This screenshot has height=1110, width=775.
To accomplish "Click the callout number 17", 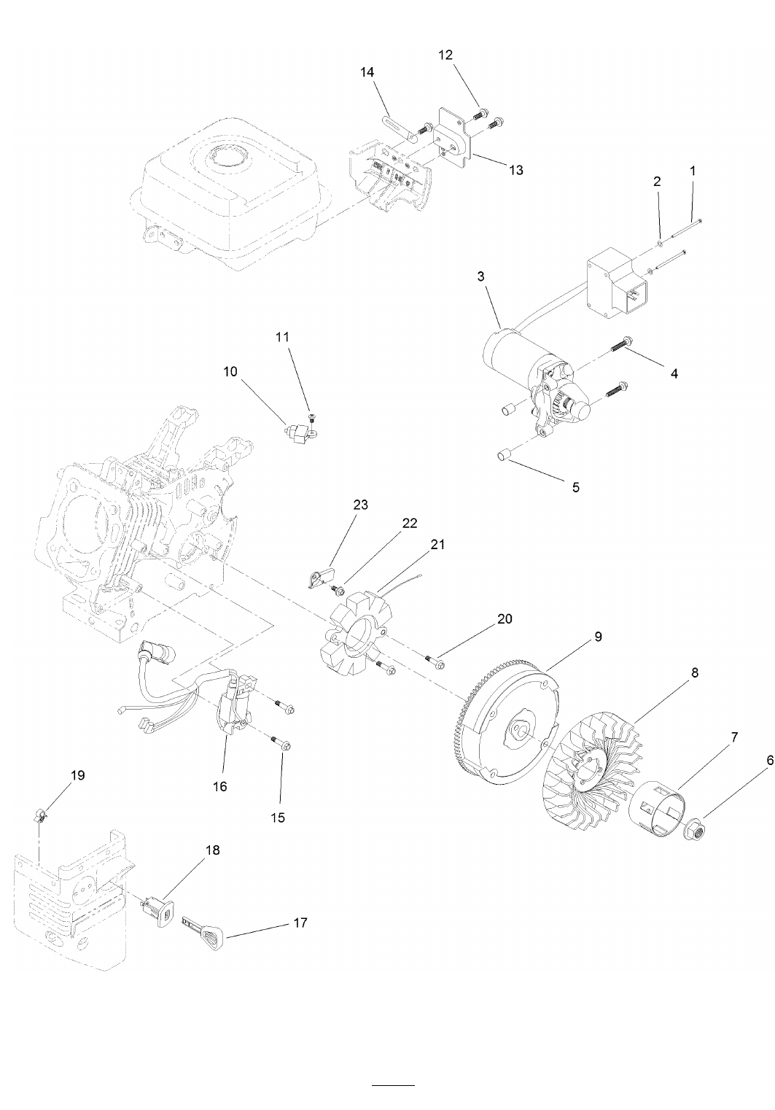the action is [300, 922].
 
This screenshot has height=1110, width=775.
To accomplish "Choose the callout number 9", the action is [598, 636].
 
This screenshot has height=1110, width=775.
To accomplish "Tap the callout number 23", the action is [361, 505].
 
